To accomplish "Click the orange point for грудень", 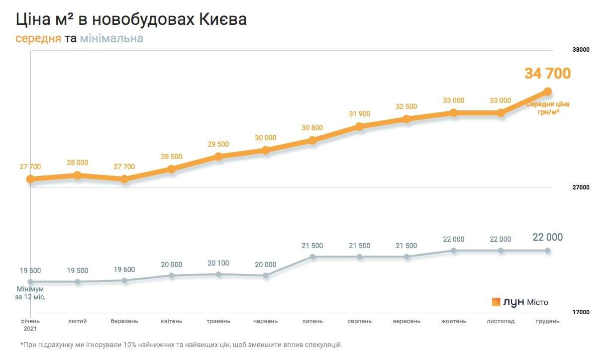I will point(548,91).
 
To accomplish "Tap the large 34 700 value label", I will point(547,74).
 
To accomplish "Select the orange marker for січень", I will point(30,179).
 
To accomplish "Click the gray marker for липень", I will point(312,257).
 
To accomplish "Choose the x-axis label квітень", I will point(171,321).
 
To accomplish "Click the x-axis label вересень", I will point(406,321).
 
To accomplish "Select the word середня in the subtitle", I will point(38,39).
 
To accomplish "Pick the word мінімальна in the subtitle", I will point(111,39).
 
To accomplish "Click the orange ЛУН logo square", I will point(496,302).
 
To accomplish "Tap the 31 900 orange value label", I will point(360,114).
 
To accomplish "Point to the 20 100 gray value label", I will point(218,263).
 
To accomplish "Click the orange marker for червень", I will point(266,150).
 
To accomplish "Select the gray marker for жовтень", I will point(454,251).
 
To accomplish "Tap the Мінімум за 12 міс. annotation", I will point(34,293).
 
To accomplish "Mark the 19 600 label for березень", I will point(124,269).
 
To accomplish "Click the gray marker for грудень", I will point(548,251).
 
